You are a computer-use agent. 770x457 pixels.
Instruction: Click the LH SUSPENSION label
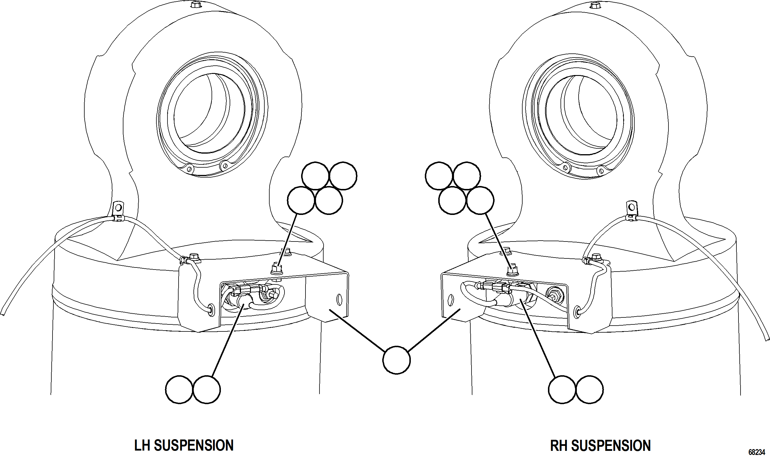coord(184,445)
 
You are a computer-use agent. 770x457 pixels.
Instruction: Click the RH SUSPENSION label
coord(600,445)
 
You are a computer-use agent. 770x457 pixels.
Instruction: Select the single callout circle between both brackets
coord(396,360)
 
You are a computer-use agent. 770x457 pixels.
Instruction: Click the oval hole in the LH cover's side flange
coord(339,299)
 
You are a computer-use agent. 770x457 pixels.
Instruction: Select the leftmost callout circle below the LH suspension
coord(179,389)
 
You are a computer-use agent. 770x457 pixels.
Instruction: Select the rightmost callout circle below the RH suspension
coord(589,389)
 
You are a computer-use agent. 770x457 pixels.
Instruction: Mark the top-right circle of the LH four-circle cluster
coord(343,175)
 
